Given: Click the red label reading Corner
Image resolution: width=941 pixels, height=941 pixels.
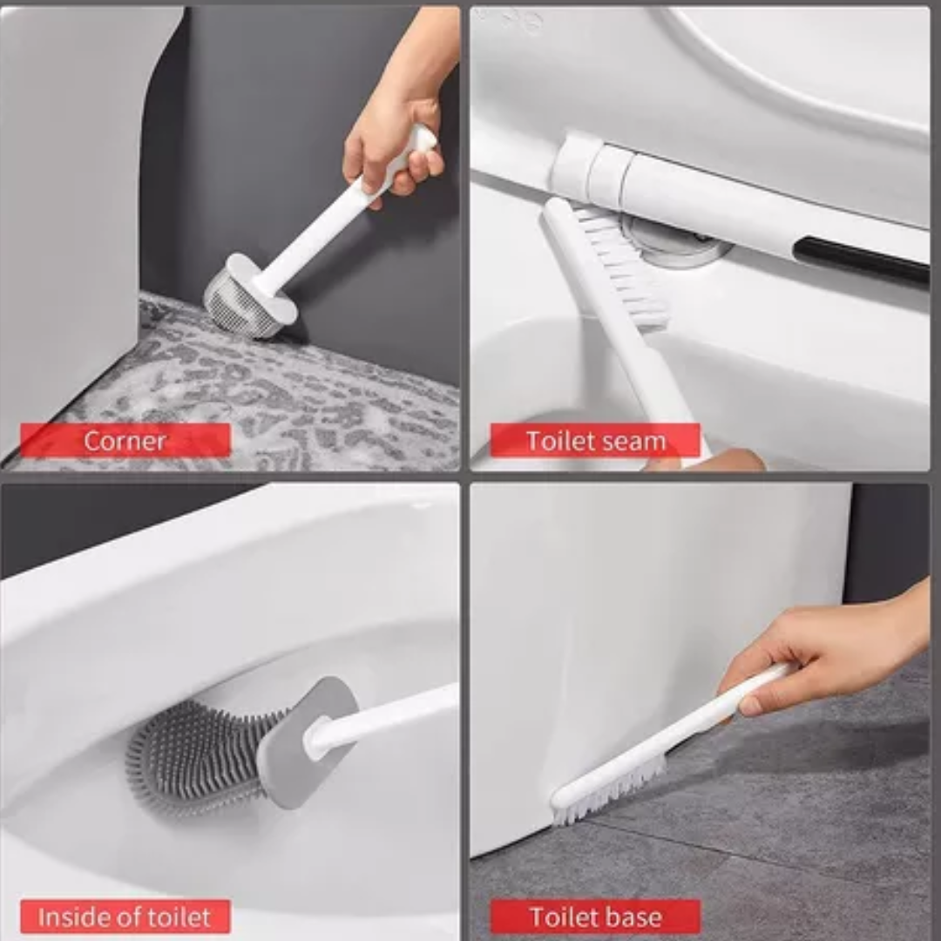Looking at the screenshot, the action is [125, 441].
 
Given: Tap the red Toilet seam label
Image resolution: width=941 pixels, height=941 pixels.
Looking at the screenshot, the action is [595, 441].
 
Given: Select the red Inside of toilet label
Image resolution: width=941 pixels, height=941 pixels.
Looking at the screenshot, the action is [125, 917].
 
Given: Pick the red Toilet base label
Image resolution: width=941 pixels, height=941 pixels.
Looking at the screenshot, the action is [595, 917].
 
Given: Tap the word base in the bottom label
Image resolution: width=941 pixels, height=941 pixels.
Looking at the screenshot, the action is [633, 917].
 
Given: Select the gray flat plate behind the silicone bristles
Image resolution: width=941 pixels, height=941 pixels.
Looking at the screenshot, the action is [306, 741].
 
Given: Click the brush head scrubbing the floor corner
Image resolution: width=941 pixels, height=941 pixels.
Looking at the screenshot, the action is [249, 295].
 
